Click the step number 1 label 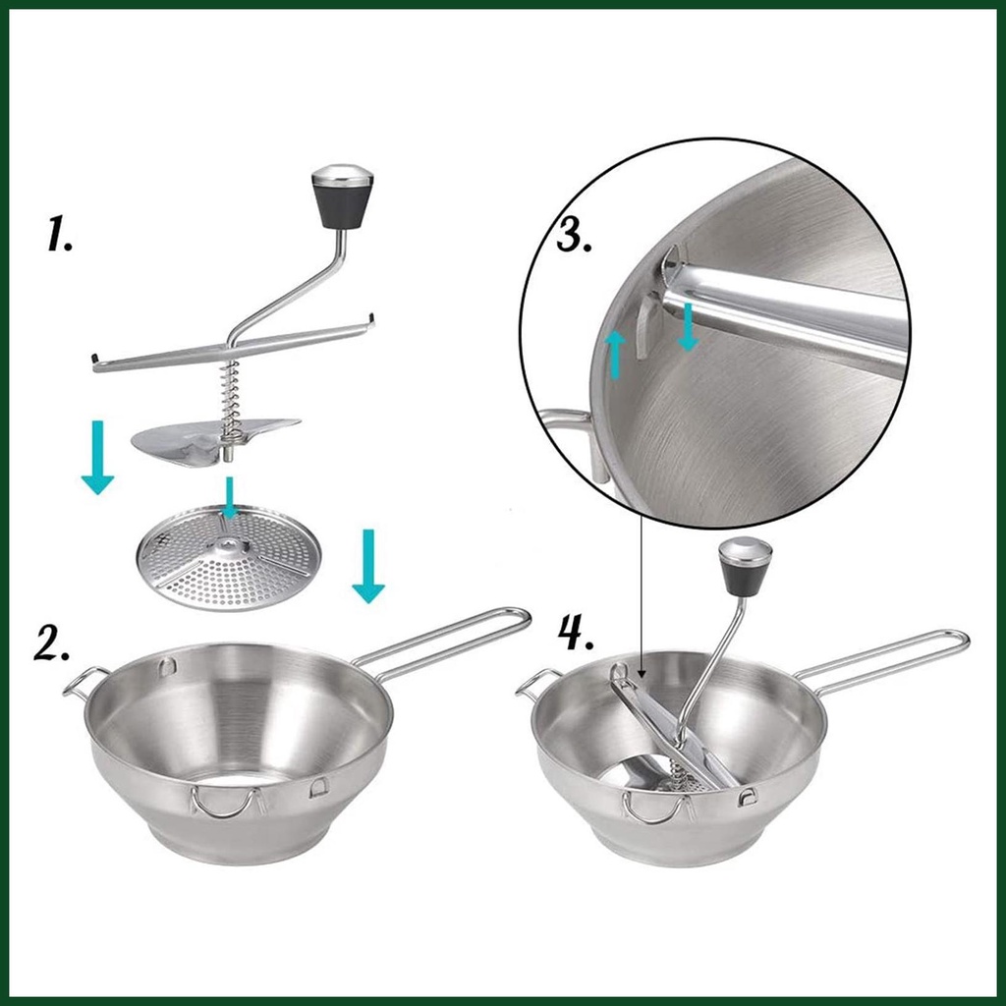tap(59, 234)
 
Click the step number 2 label tap(51, 642)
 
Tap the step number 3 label tap(573, 235)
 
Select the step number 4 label tap(576, 634)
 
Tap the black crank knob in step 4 tap(746, 567)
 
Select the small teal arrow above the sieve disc tap(229, 496)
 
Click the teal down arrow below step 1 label tap(97, 457)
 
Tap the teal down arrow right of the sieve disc tap(368, 566)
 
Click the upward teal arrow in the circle tap(617, 354)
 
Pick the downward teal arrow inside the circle tap(688, 327)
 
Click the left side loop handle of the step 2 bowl tap(84, 682)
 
